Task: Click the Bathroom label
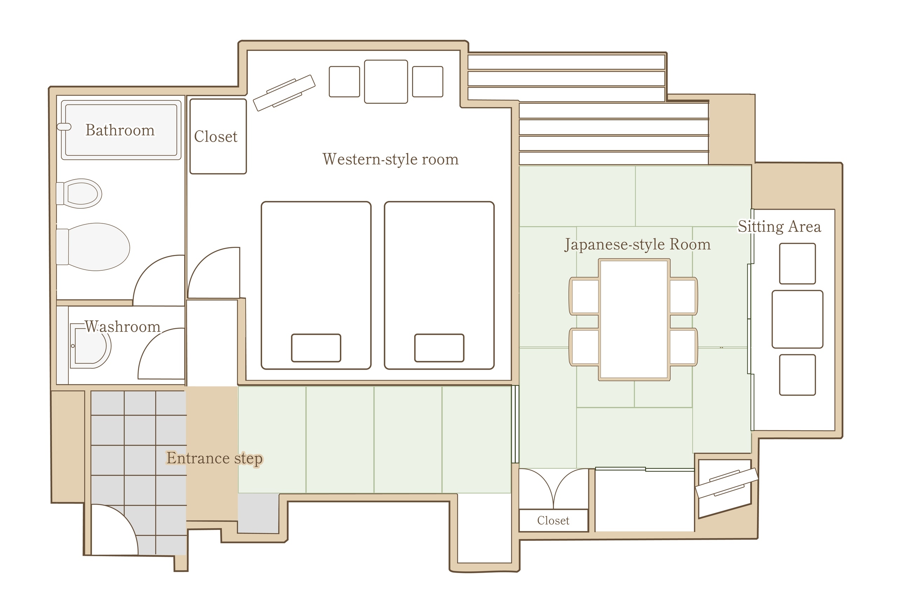coord(120,130)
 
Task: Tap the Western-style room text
coord(391,159)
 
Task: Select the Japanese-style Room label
coord(637,245)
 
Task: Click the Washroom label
coord(122,327)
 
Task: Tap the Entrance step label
coord(214,458)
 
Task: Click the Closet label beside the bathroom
coord(216,136)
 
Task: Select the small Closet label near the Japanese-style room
coord(553,521)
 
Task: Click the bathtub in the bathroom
coord(121,130)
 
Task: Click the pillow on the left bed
coord(316,348)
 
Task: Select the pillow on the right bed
coord(439,348)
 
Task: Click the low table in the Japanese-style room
coord(634,320)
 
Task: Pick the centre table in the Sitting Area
coord(797,319)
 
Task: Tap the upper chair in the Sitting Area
coord(797,263)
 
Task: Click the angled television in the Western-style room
coord(284,93)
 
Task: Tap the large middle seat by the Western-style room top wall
coord(386,81)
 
